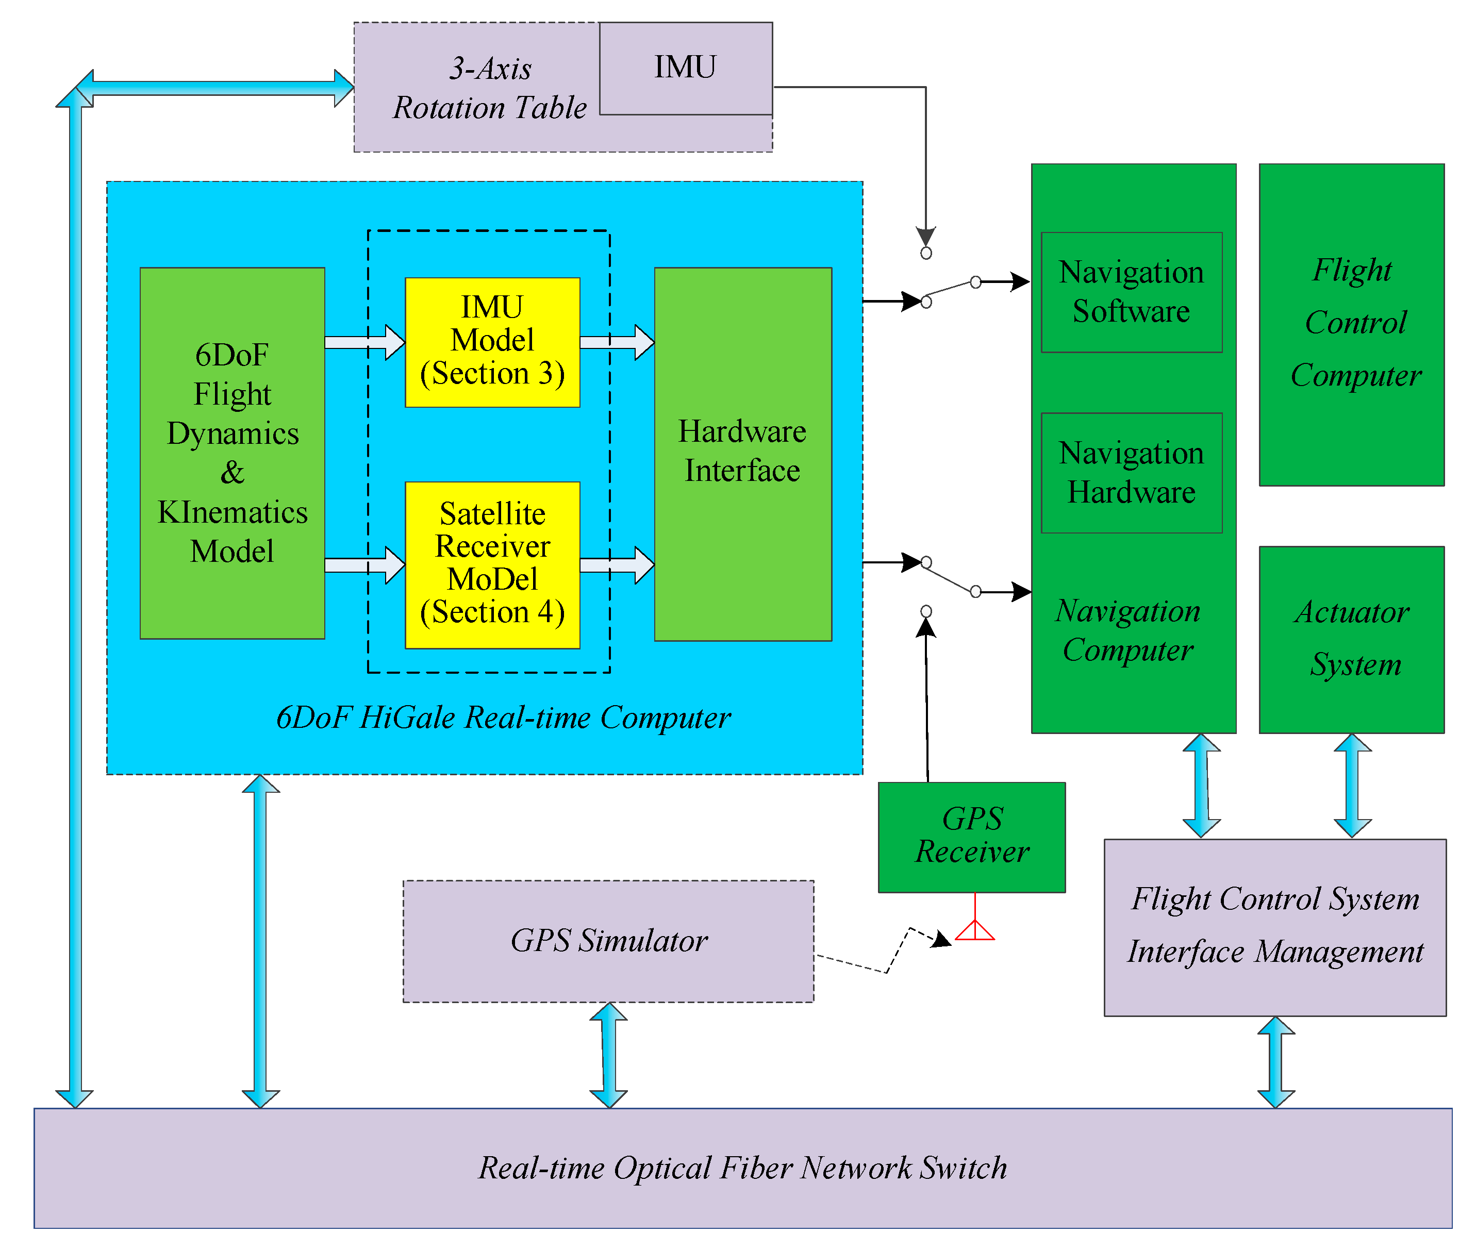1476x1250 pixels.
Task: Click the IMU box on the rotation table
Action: [685, 68]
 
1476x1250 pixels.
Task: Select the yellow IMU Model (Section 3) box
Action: [492, 342]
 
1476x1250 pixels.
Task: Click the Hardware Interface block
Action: [742, 454]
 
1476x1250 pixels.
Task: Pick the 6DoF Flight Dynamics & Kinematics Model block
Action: [233, 454]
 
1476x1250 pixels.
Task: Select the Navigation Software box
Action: [1131, 292]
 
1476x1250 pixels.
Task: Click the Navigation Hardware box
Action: [1131, 473]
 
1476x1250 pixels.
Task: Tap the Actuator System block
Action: [1351, 639]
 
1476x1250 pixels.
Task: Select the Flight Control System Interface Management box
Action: [1275, 926]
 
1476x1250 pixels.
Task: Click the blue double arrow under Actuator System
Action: [1352, 785]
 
